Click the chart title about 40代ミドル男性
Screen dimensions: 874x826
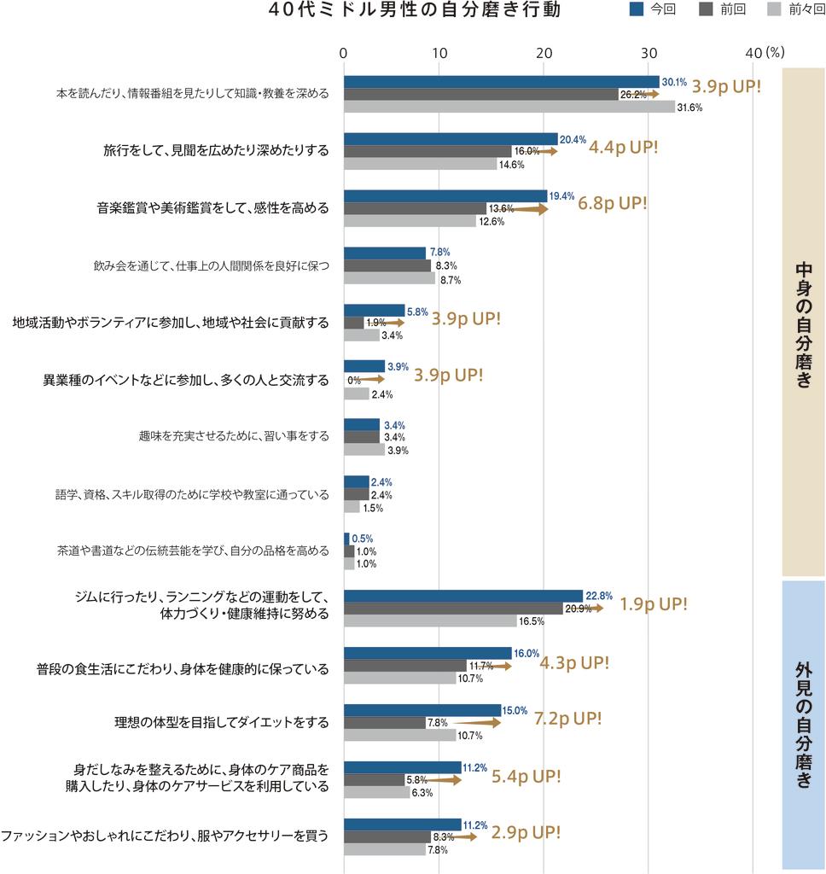tap(415, 11)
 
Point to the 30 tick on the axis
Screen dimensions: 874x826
tap(649, 52)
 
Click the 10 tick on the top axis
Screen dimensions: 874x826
tap(440, 52)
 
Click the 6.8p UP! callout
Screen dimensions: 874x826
tap(612, 205)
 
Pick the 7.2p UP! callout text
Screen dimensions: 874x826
tap(567, 720)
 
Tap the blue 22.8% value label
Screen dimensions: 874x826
tap(599, 596)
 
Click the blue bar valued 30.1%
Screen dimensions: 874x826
tap(501, 81)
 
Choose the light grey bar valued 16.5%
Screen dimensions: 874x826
tap(430, 621)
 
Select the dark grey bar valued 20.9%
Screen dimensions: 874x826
tap(453, 609)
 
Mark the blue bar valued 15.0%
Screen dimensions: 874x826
tap(422, 710)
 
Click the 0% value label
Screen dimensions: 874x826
tap(353, 380)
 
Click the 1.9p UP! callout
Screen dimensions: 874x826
tap(653, 605)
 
